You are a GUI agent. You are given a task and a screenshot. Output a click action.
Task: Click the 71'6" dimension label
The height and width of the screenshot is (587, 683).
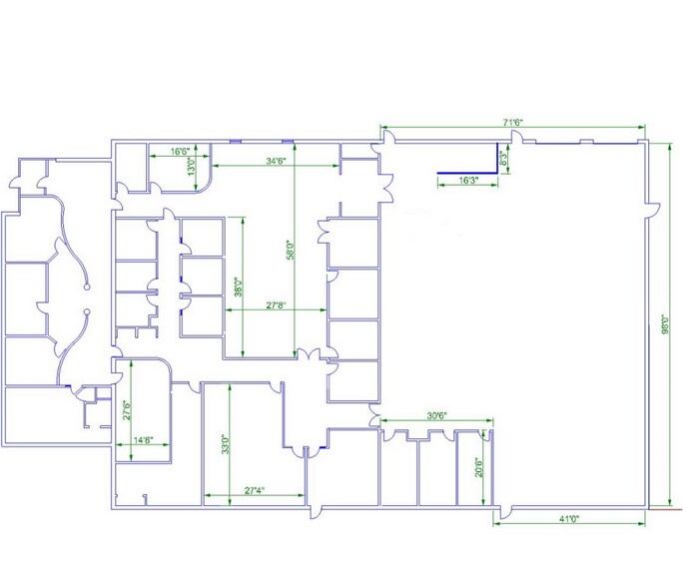point(513,122)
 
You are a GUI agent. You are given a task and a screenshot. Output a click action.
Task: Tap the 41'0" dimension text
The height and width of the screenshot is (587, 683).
point(569,519)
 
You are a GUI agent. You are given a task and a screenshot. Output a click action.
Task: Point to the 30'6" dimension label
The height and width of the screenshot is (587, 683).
point(436,416)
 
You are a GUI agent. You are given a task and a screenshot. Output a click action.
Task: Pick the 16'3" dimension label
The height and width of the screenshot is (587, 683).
point(469,181)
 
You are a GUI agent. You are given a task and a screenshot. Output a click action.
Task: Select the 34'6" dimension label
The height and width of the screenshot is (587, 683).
point(276,161)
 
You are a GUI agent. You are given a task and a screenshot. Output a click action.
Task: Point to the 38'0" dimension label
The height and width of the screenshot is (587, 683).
point(238,289)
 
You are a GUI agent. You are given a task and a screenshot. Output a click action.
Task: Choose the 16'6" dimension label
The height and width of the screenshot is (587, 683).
point(180,152)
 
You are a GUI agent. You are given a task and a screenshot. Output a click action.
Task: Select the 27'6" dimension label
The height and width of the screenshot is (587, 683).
point(127,411)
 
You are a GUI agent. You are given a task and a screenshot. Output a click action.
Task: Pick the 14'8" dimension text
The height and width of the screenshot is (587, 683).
point(143,439)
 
